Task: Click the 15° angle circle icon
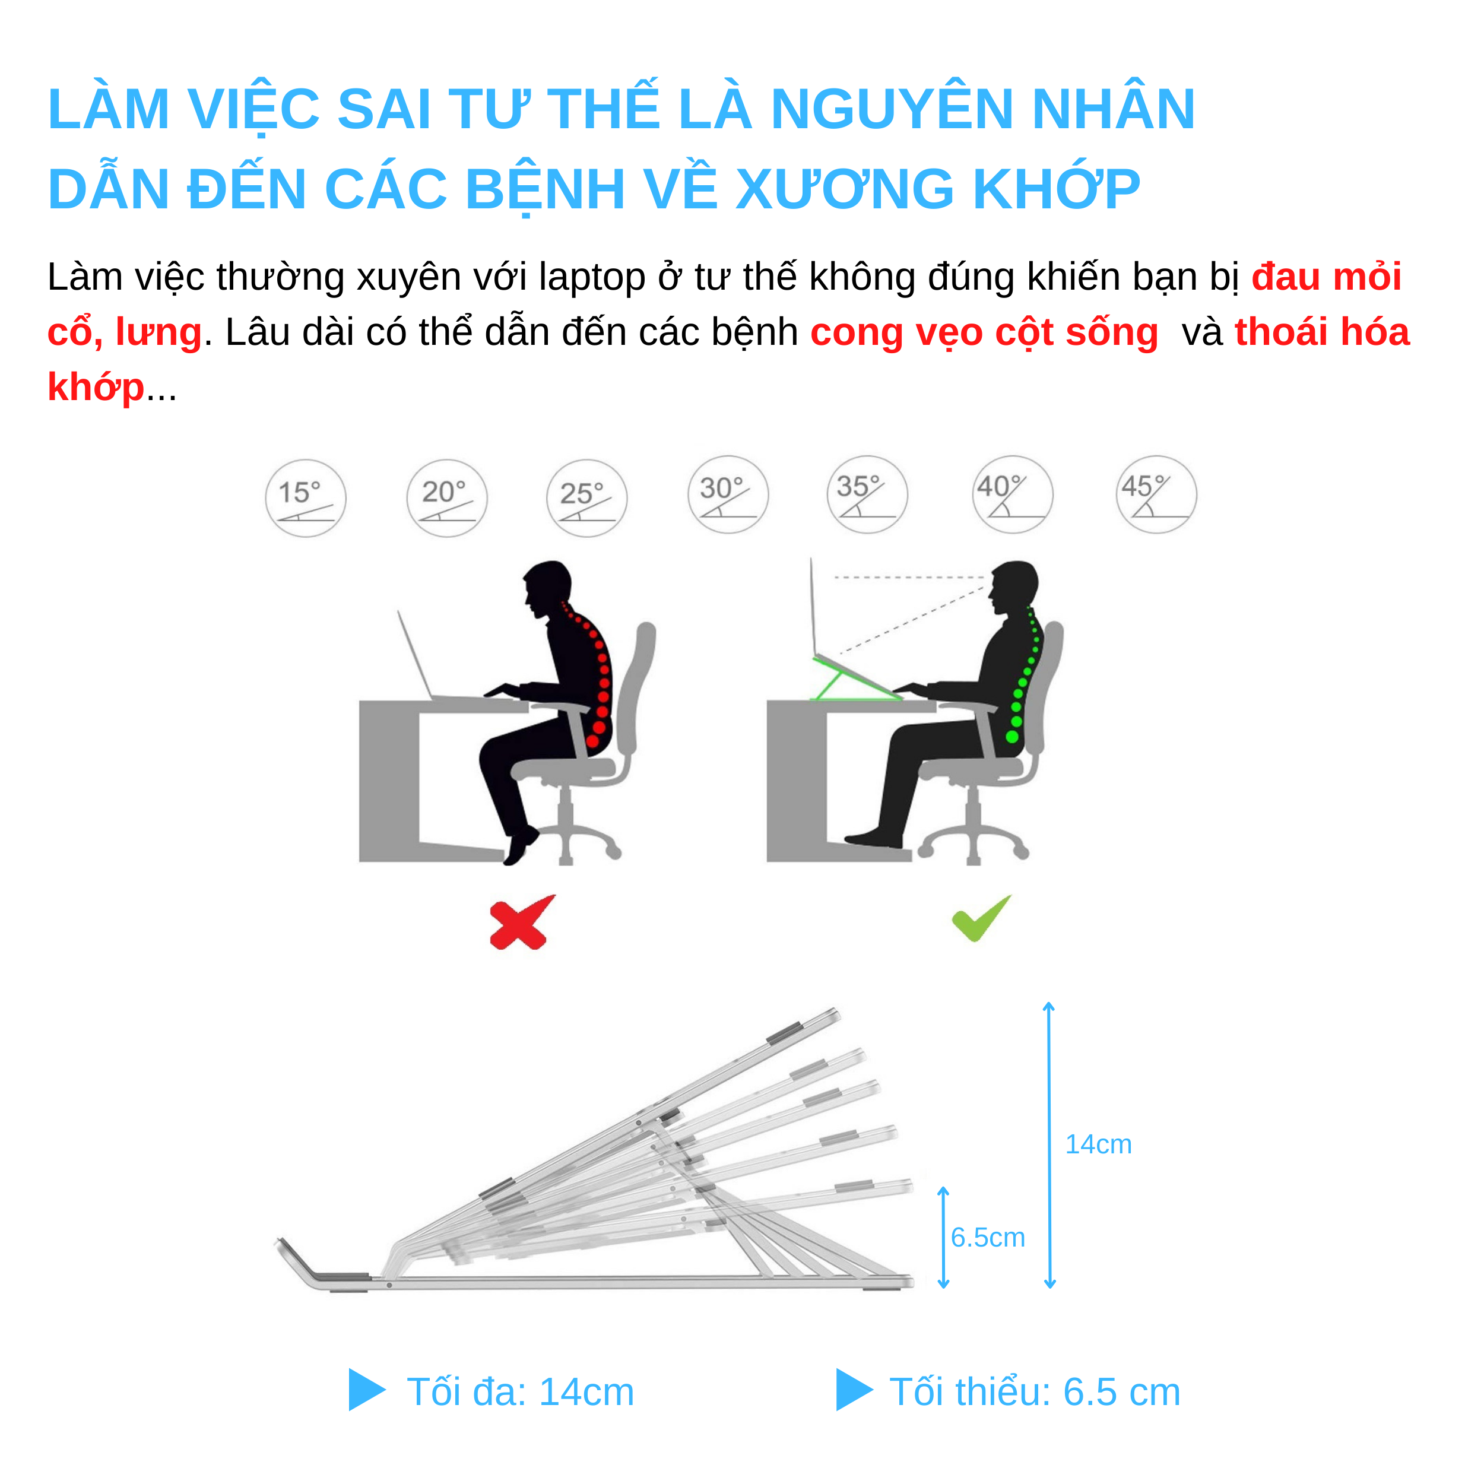point(306,499)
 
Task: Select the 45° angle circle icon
point(1156,494)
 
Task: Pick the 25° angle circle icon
point(587,499)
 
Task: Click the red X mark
point(521,922)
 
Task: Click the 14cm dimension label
point(1098,1144)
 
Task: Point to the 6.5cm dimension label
point(988,1238)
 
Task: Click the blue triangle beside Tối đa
point(365,1390)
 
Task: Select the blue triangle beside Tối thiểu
point(852,1390)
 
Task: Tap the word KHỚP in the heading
point(1056,189)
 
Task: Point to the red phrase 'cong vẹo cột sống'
point(984,332)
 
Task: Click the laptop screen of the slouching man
point(415,653)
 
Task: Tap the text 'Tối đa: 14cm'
point(520,1392)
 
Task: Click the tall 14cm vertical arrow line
point(1049,1144)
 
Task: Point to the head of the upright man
point(1016,586)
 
